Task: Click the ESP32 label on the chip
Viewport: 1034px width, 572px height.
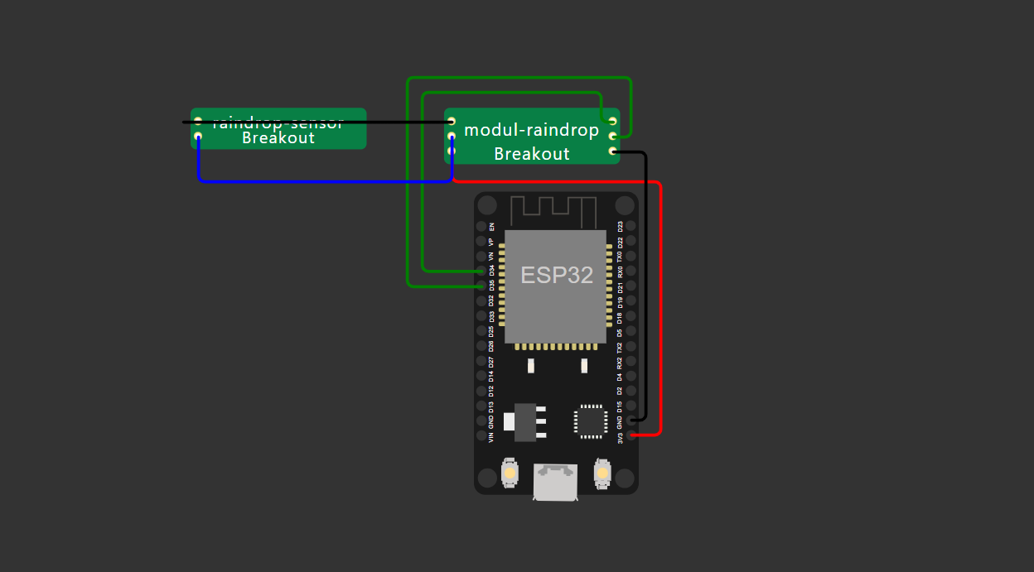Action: (557, 276)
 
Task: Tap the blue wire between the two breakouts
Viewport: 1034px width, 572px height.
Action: (323, 180)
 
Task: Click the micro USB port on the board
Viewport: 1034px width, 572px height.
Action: (555, 481)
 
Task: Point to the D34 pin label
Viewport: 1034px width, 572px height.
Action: (491, 271)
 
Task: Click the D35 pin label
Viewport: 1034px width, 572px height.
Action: (491, 286)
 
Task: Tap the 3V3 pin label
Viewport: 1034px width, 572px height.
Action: (621, 435)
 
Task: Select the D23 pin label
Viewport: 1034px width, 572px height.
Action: (621, 226)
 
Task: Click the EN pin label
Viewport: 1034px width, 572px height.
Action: (491, 226)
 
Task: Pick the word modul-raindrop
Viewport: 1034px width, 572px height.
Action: (531, 130)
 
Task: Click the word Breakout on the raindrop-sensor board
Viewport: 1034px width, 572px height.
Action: (278, 138)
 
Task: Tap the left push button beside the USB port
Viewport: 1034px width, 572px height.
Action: (510, 473)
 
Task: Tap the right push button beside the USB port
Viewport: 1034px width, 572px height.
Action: (602, 473)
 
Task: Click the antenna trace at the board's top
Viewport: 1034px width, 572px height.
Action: (553, 211)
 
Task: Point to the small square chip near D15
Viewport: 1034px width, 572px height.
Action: (590, 421)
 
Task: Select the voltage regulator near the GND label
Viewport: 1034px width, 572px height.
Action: (527, 421)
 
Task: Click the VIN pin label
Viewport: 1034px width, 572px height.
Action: (491, 435)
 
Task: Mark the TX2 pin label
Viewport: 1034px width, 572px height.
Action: (621, 347)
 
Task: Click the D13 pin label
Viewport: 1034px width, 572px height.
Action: (491, 406)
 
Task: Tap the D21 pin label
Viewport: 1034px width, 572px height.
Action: (621, 286)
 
